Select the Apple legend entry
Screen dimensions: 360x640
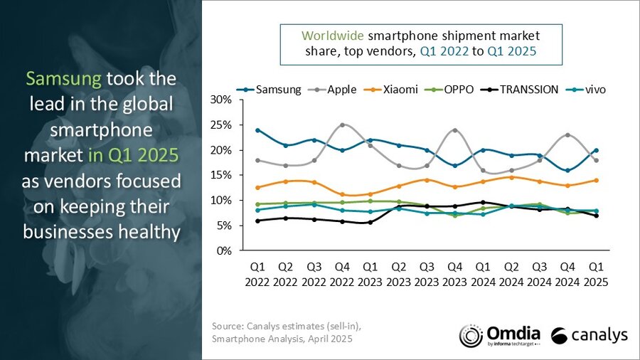click(x=341, y=90)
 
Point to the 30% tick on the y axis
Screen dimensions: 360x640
click(x=221, y=100)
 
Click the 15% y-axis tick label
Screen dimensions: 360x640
click(x=221, y=175)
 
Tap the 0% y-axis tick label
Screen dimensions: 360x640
click(x=224, y=251)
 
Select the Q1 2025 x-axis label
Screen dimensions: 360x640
click(x=596, y=275)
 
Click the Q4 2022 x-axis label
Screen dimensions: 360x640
click(x=341, y=275)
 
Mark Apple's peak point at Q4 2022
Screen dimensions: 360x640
click(x=342, y=125)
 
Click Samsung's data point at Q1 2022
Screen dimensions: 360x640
click(x=257, y=130)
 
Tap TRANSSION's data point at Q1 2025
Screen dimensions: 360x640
click(x=596, y=216)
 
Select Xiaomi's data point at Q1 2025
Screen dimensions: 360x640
click(x=596, y=180)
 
